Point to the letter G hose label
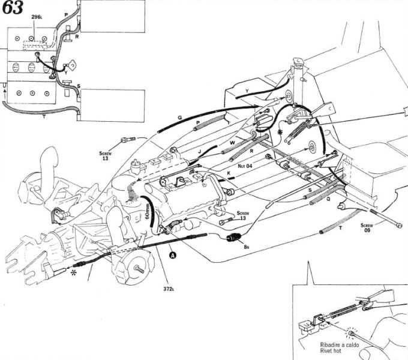(180, 117)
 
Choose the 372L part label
(169, 289)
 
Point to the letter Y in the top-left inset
(74, 74)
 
